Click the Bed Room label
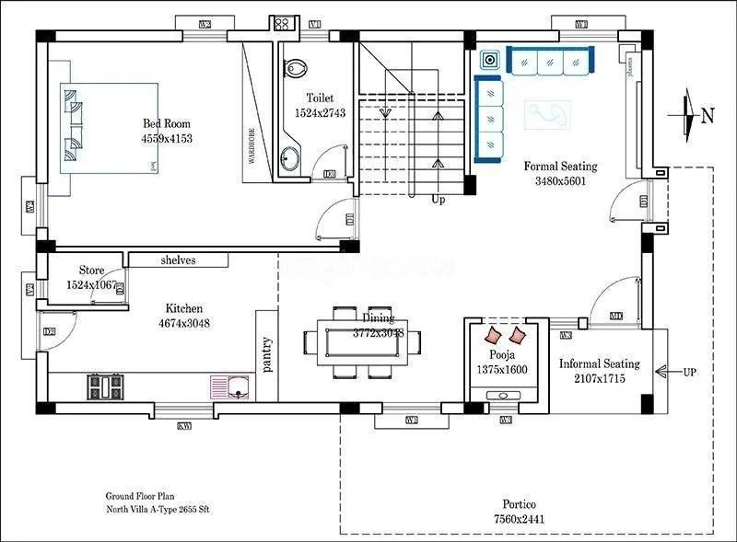click(167, 124)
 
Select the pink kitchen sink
click(231, 386)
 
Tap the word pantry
click(267, 354)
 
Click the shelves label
click(178, 260)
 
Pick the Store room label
click(91, 271)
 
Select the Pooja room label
click(502, 354)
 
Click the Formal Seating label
click(560, 167)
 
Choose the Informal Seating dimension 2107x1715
click(599, 378)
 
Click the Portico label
click(520, 504)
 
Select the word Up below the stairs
click(438, 199)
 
